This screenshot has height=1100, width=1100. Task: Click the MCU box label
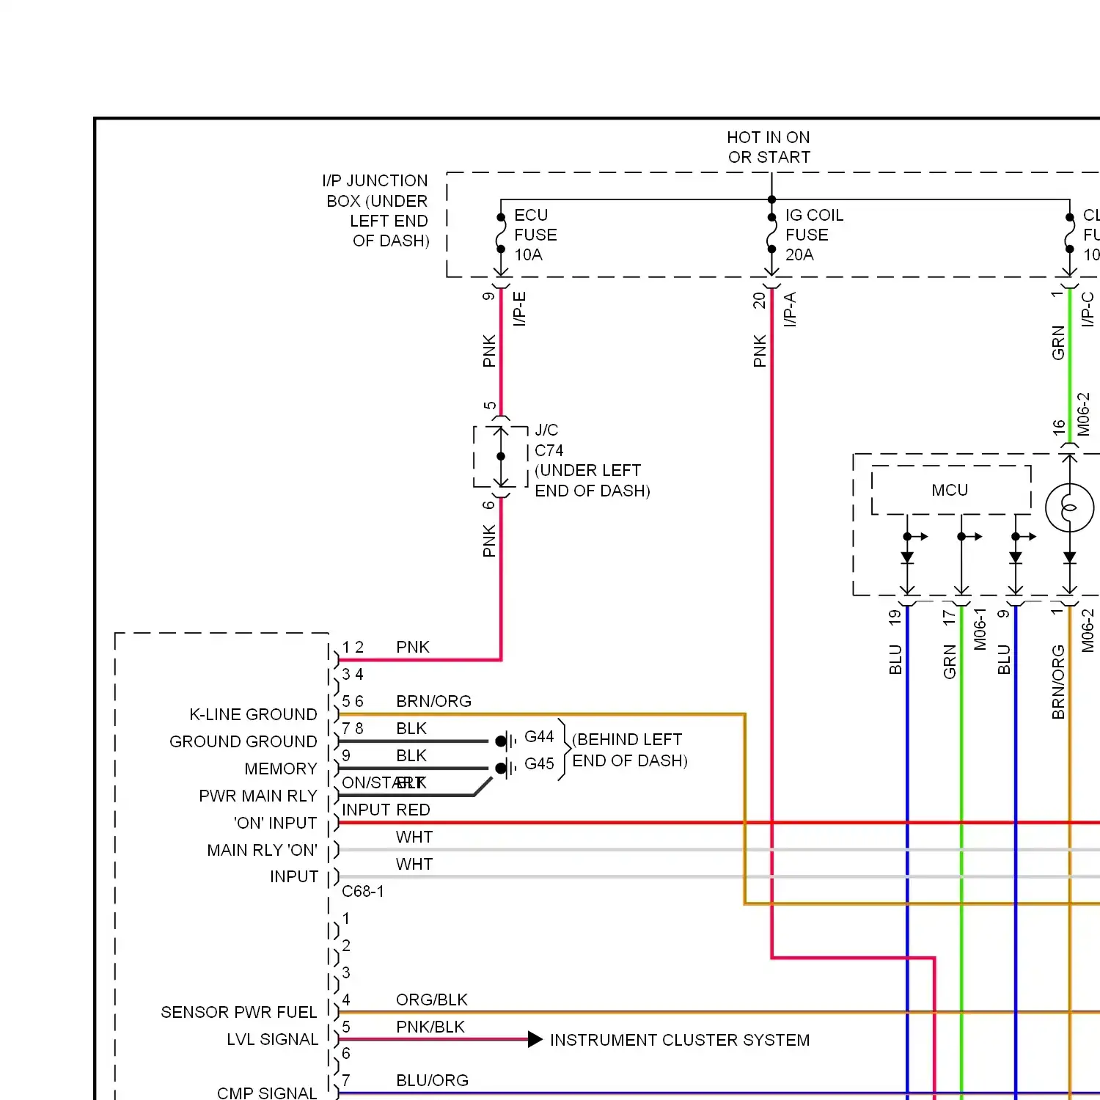[x=950, y=490]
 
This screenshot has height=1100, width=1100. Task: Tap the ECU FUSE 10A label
[x=535, y=235]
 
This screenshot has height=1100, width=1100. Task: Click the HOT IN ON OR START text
[x=769, y=147]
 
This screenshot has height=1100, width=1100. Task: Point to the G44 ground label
[x=539, y=736]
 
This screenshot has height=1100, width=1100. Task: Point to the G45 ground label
[x=539, y=763]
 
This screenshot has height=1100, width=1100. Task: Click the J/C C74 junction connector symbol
[x=501, y=457]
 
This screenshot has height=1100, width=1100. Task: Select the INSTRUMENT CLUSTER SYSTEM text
[x=680, y=1040]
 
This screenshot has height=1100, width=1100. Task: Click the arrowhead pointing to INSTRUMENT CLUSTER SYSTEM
[x=535, y=1040]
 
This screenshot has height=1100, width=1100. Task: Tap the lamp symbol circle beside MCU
[x=1069, y=507]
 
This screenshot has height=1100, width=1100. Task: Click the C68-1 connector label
[x=363, y=891]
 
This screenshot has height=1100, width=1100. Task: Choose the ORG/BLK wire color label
[x=432, y=1000]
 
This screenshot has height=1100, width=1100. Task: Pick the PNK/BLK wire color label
[x=430, y=1027]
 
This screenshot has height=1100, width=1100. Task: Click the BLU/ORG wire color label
[x=432, y=1080]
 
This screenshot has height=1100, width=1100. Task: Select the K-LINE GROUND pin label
[x=253, y=714]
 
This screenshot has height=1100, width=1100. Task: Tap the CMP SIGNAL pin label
[x=267, y=1093]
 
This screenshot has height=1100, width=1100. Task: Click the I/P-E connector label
[x=519, y=309]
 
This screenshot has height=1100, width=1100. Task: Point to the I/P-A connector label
[x=790, y=309]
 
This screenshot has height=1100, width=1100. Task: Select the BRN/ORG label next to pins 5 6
[x=433, y=701]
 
